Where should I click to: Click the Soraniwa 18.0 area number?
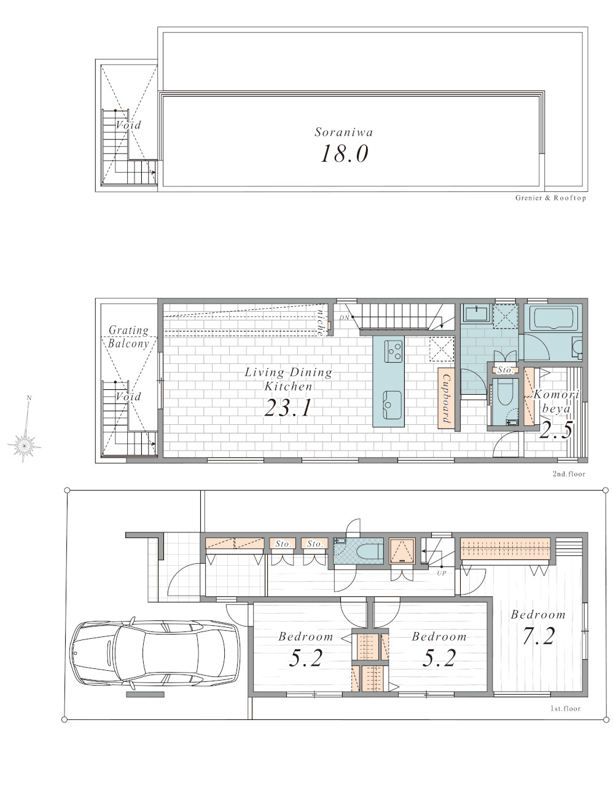point(345,154)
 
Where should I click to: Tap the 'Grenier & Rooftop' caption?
point(550,198)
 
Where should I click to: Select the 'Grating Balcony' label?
point(128,336)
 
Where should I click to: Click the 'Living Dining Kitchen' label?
point(288,379)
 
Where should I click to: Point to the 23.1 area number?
point(288,408)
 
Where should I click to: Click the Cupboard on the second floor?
point(446,398)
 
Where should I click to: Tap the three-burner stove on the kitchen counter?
point(394,350)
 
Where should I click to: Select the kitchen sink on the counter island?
point(392,405)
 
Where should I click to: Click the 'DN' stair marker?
point(344,318)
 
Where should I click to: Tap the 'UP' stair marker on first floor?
point(441,573)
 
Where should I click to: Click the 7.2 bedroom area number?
point(539,636)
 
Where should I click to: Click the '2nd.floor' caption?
point(569,473)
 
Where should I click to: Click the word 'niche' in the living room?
point(320,322)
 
